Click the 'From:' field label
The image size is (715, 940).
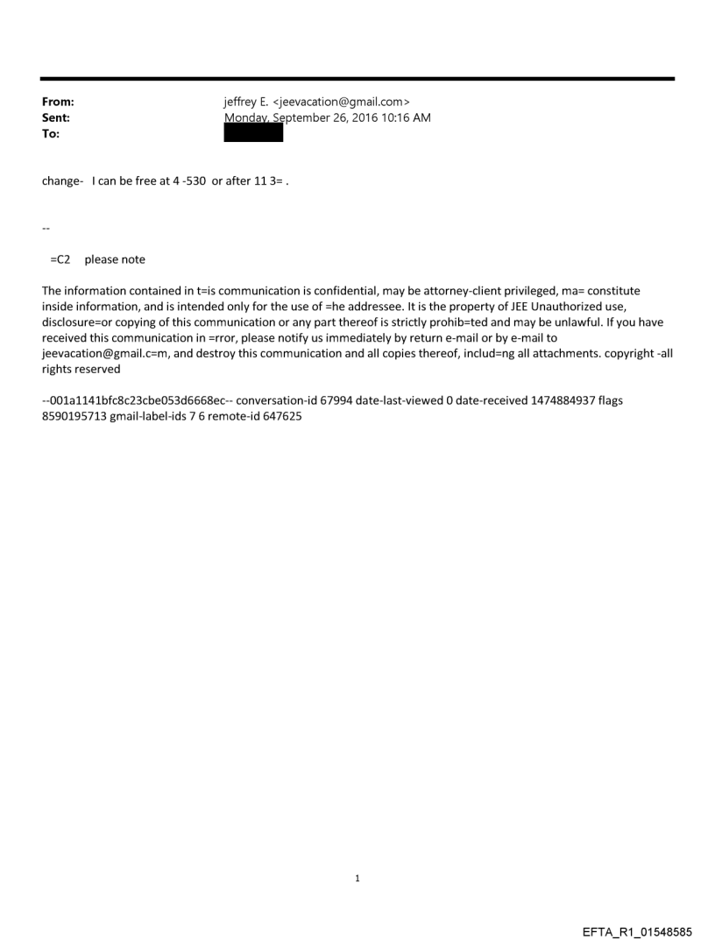click(57, 102)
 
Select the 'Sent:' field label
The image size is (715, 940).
click(55, 118)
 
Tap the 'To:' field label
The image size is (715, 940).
click(50, 134)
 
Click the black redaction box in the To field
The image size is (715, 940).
click(253, 133)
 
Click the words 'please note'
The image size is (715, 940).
click(115, 259)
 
